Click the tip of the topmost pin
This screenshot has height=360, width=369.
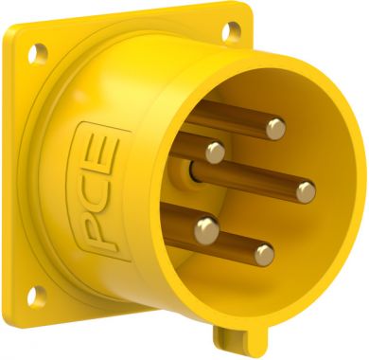276,129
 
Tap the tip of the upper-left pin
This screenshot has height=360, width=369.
216,153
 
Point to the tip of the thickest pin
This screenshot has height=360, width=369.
207,229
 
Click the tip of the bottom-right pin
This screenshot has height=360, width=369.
264,255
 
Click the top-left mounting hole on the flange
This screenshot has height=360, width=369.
38,54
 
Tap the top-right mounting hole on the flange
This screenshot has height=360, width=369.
231,30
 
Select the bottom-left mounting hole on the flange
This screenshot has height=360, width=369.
36,296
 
